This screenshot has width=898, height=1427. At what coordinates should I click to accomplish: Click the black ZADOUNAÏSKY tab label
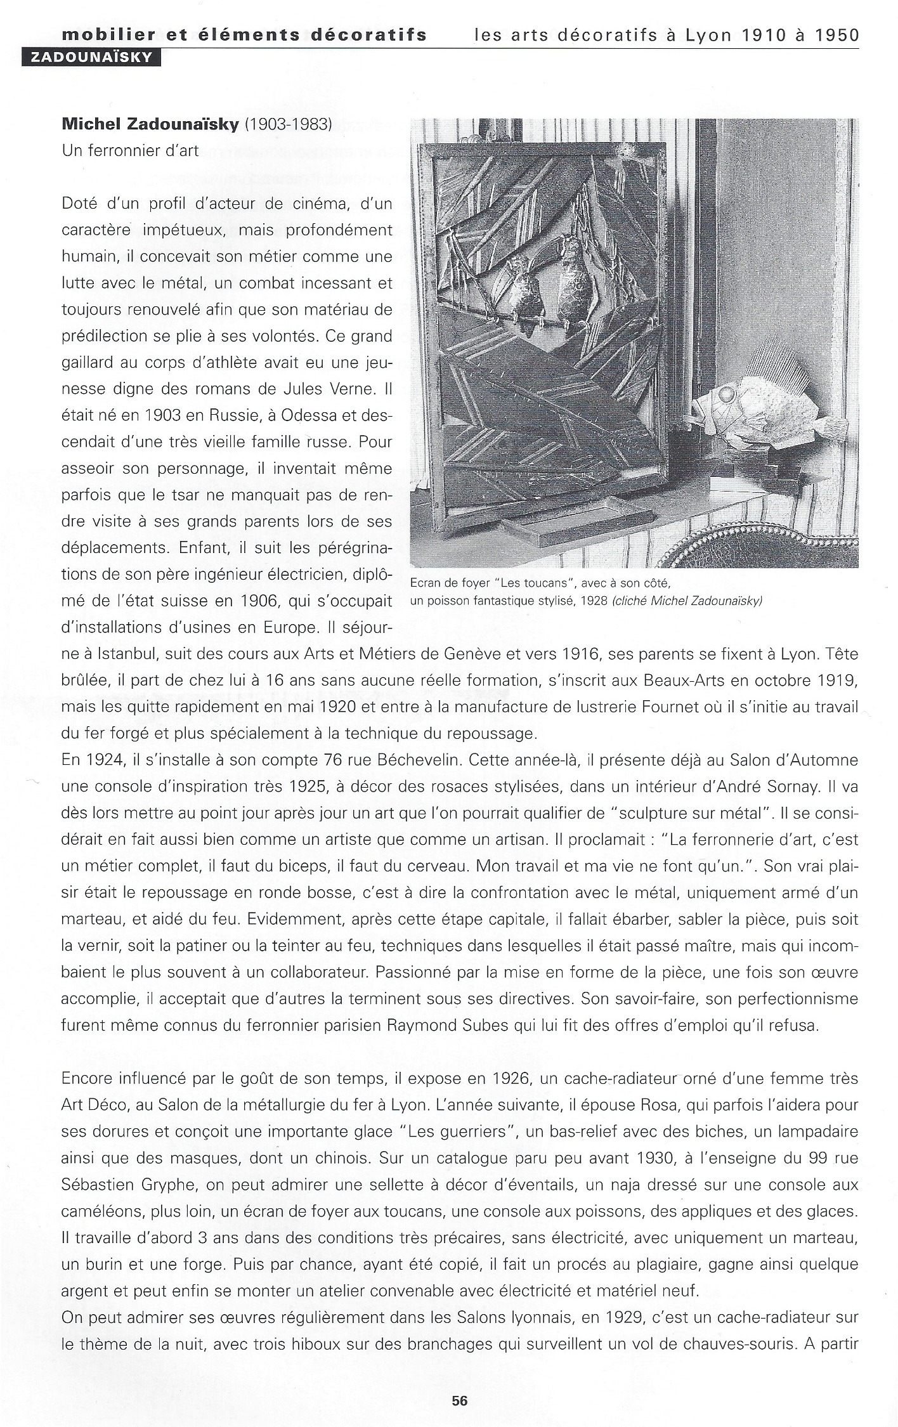[x=91, y=58]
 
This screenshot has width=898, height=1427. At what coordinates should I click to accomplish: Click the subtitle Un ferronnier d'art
[x=130, y=151]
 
